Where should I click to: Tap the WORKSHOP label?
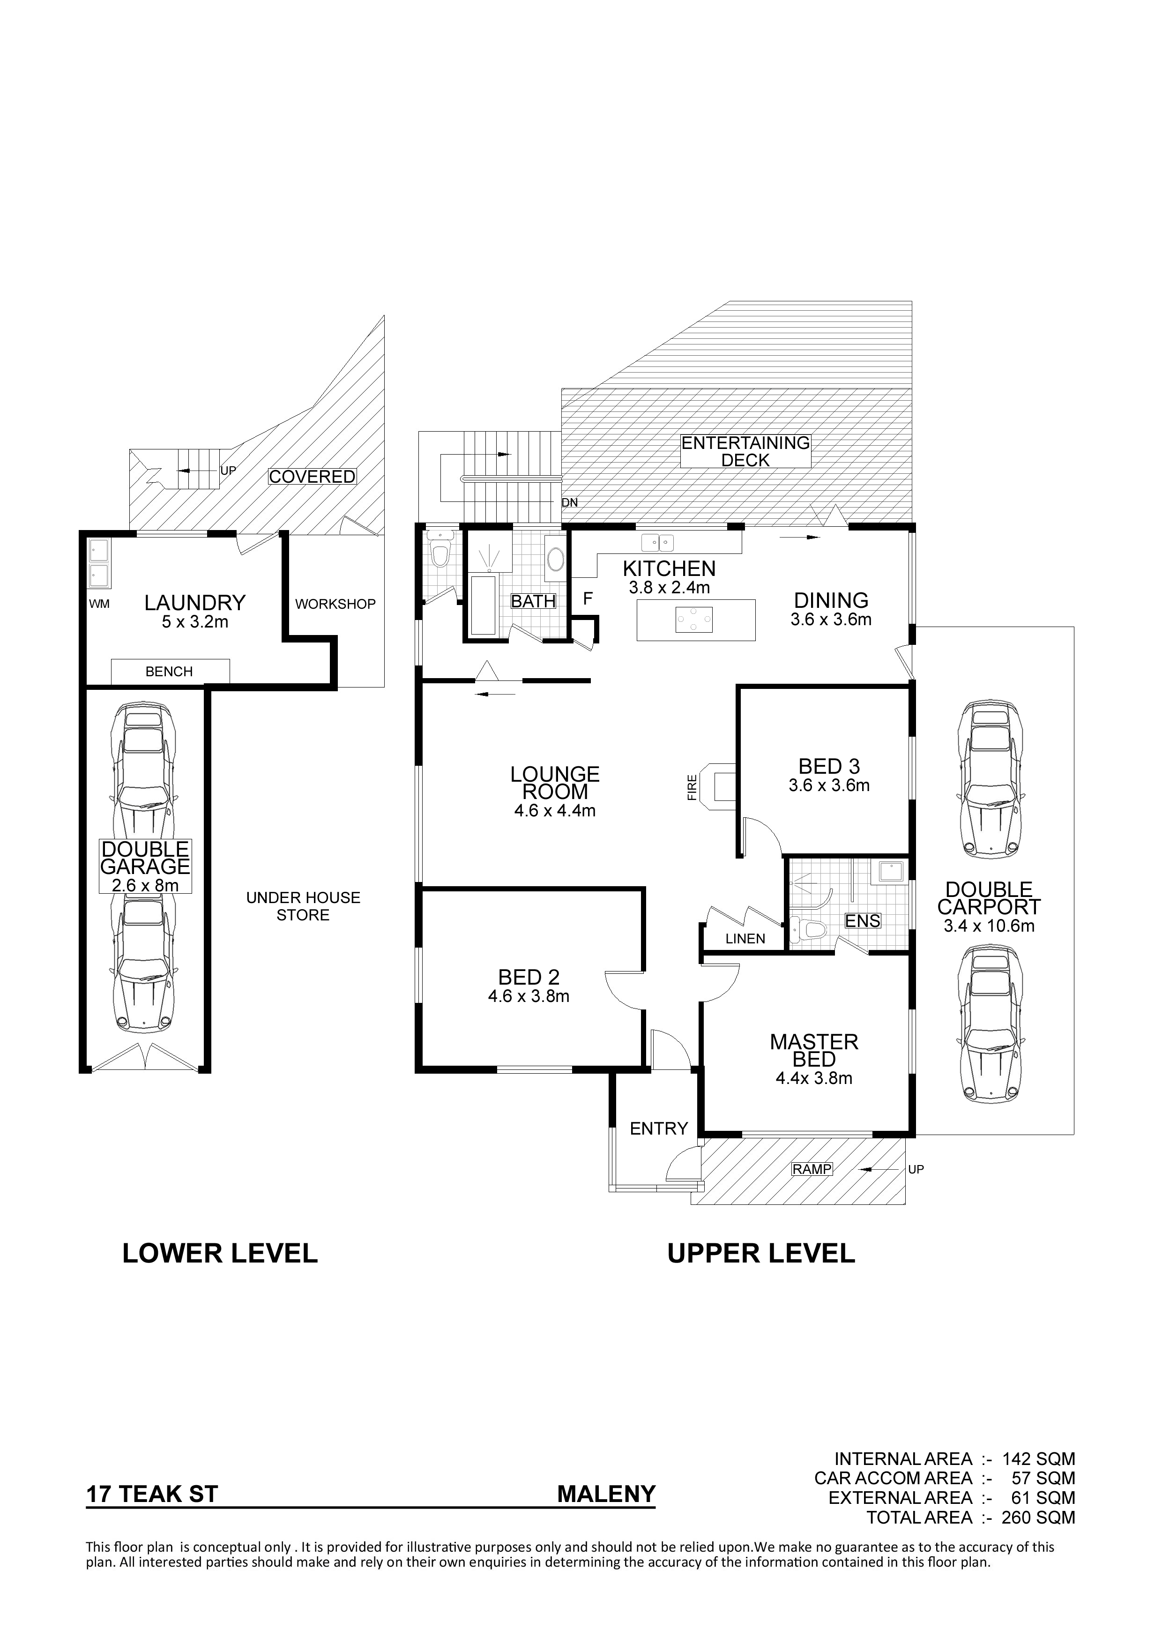click(335, 605)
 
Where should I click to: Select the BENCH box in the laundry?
click(170, 671)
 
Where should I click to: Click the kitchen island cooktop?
click(694, 620)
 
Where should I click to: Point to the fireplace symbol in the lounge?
click(718, 786)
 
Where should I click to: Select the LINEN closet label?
click(745, 939)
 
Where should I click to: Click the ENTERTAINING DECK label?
click(745, 452)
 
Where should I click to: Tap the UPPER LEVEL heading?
click(761, 1254)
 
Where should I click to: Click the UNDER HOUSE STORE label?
click(304, 906)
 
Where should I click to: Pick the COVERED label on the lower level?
click(312, 476)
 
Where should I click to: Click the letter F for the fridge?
click(588, 598)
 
